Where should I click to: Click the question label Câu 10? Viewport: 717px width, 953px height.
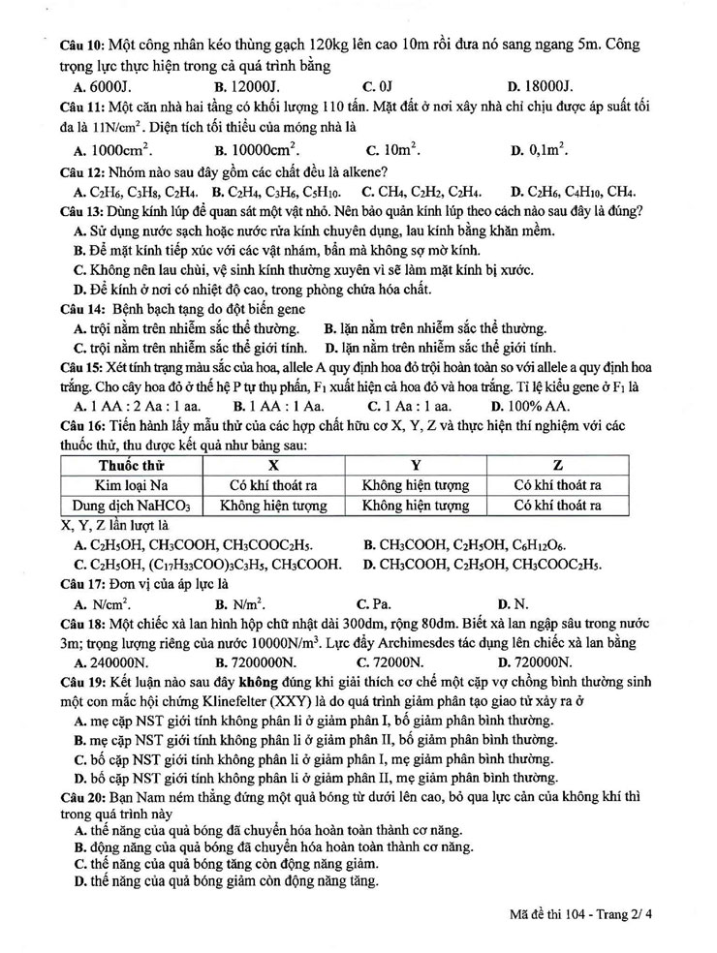click(x=81, y=46)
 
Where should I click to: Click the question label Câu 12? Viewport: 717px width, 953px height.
click(x=81, y=170)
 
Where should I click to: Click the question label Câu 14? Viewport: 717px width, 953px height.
click(x=81, y=309)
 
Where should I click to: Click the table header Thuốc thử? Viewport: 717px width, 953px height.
click(x=131, y=465)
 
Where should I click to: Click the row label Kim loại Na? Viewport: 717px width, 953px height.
click(x=131, y=485)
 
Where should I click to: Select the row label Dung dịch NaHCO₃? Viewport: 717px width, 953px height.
click(x=131, y=506)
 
